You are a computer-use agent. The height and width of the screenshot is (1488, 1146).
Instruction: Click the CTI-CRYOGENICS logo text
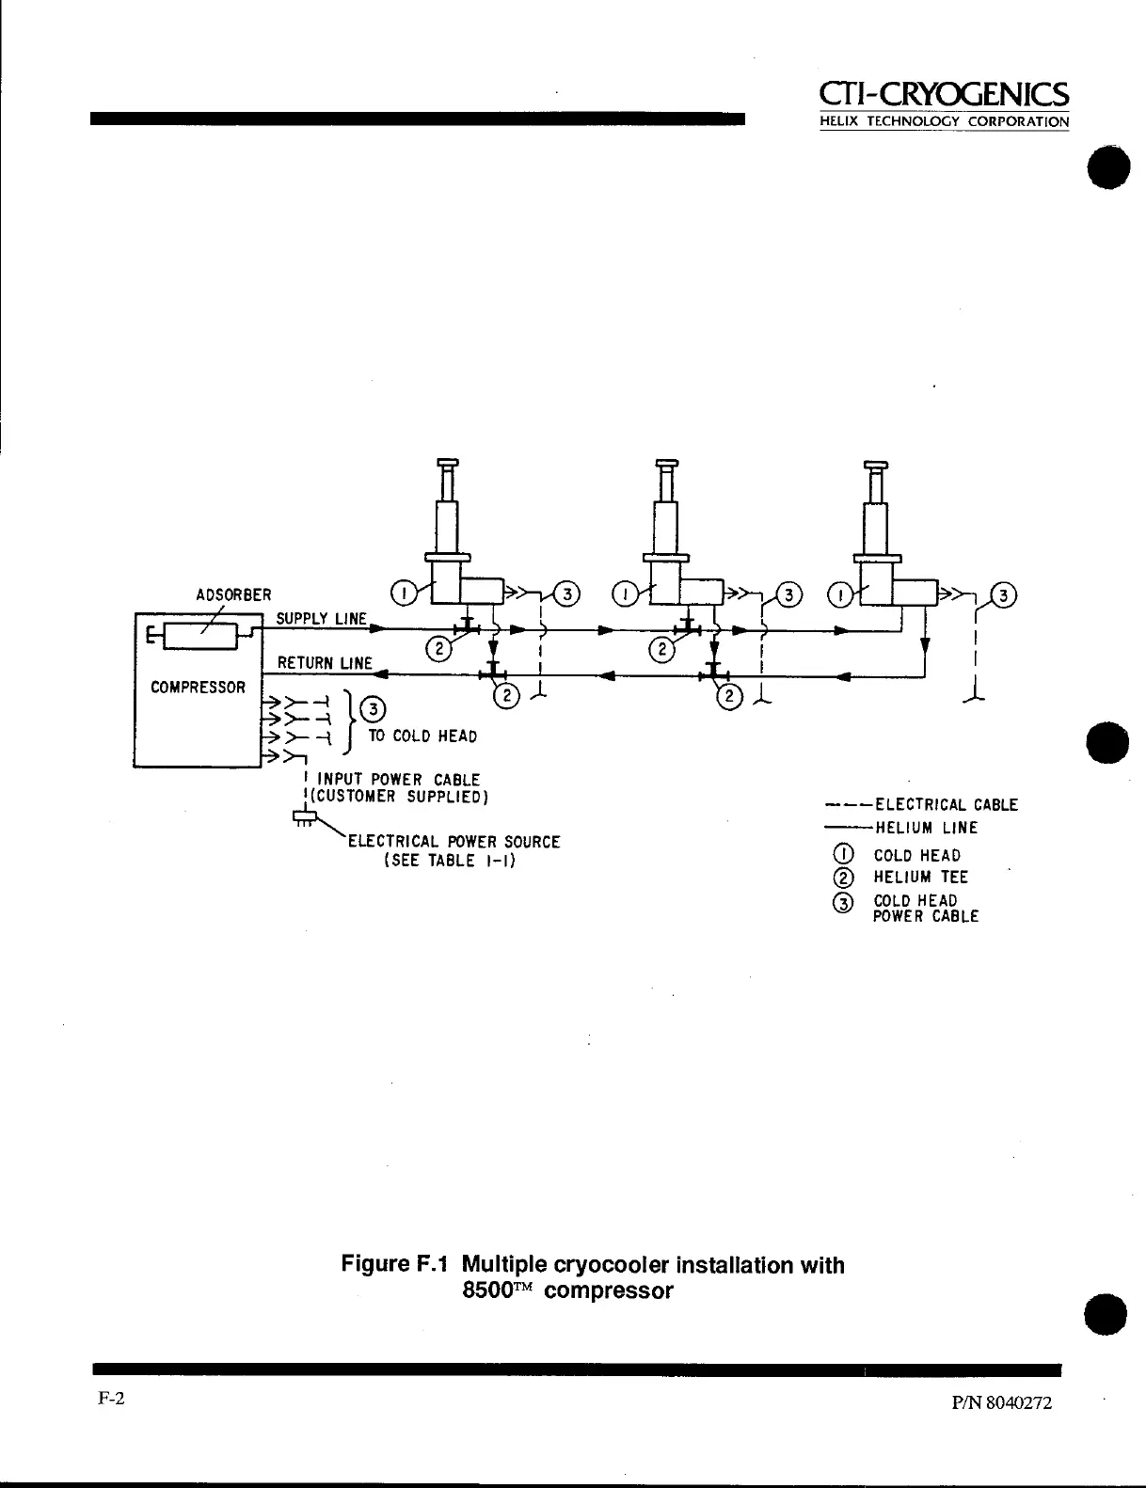click(x=944, y=94)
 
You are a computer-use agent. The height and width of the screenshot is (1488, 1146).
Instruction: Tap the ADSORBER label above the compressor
click(x=233, y=595)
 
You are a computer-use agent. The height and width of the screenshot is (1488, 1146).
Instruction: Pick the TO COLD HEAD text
click(x=422, y=736)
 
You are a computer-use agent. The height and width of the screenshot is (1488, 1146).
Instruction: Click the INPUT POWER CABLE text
click(x=399, y=780)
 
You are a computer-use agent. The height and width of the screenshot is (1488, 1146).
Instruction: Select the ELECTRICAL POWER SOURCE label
click(x=454, y=842)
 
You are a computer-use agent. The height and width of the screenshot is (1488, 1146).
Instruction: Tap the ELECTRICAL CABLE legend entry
click(x=946, y=805)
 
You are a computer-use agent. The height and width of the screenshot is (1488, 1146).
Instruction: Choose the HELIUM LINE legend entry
click(x=927, y=829)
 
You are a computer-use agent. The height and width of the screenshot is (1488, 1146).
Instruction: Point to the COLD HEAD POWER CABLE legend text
click(x=926, y=909)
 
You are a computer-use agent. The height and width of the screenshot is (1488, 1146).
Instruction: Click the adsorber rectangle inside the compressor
click(x=200, y=637)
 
